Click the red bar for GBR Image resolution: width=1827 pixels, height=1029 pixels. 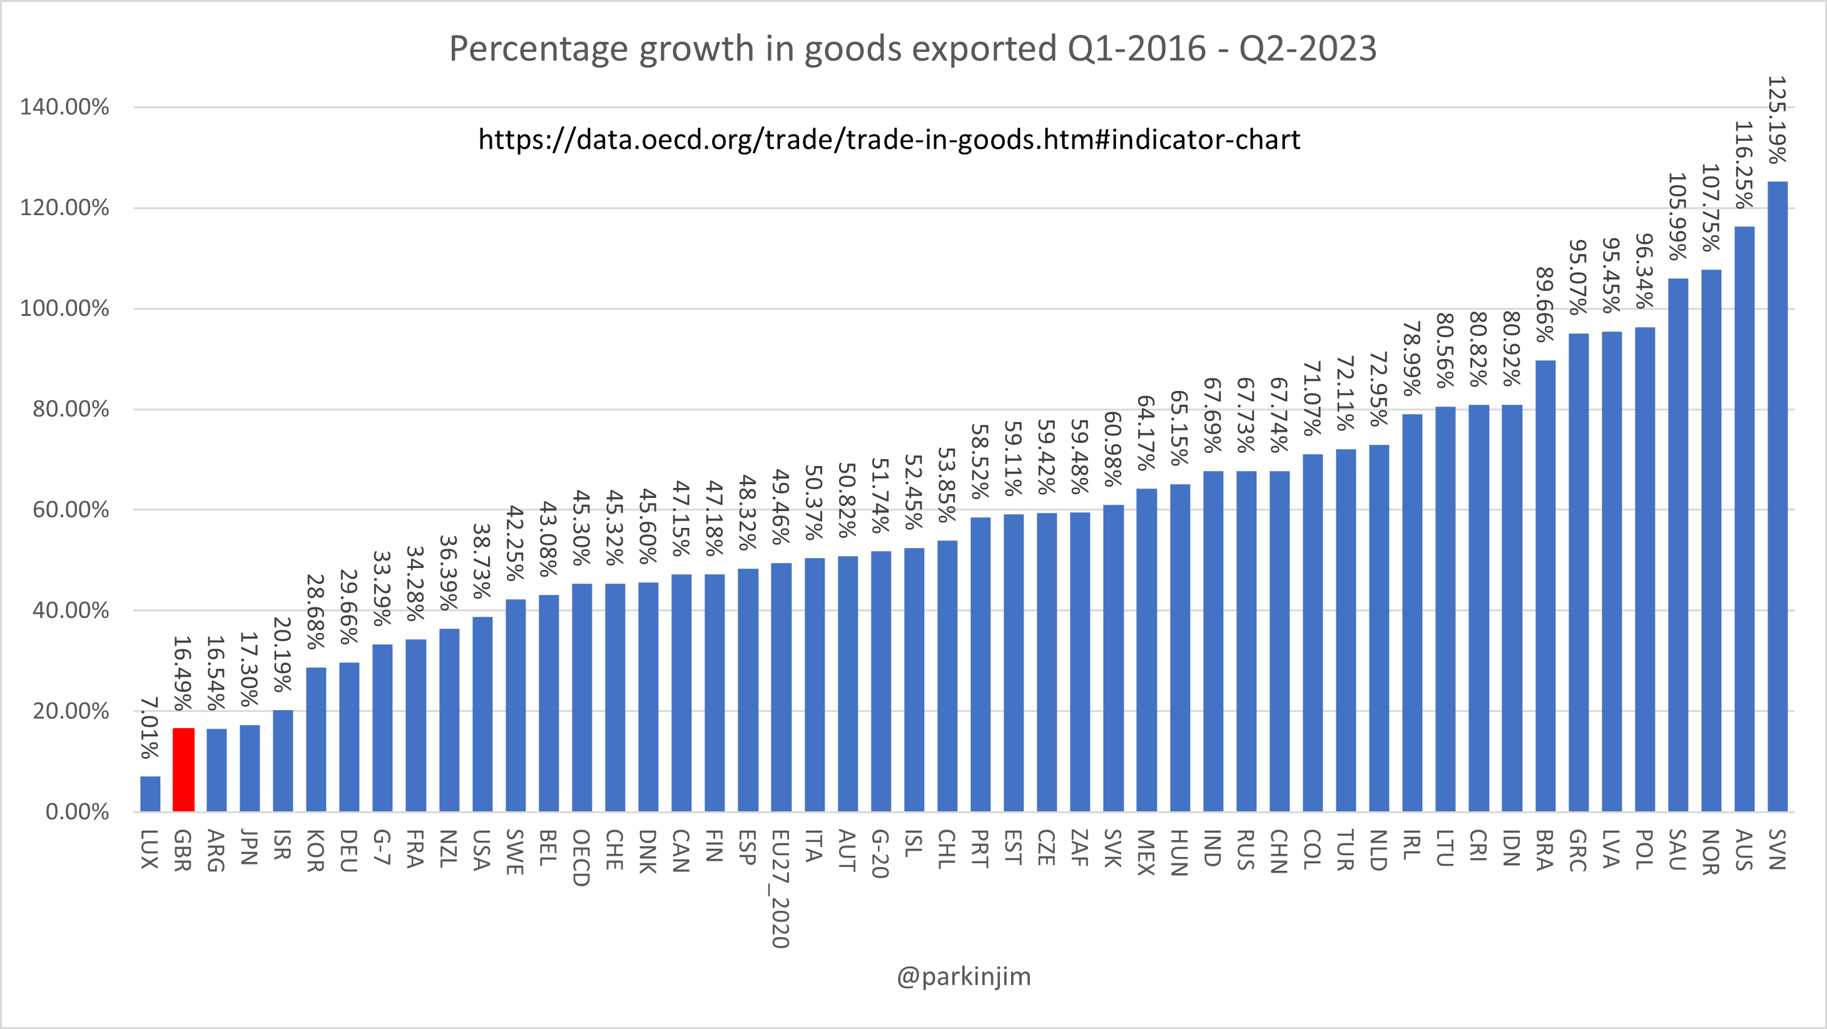click(183, 769)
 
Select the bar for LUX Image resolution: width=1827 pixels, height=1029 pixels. click(150, 794)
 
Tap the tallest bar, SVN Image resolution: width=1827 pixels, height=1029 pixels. click(1778, 497)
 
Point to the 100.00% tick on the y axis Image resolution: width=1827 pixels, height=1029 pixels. click(64, 308)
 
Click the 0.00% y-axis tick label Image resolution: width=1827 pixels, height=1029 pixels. click(76, 811)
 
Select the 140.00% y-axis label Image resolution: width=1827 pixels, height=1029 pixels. click(64, 107)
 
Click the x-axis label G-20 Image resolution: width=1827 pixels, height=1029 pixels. click(880, 854)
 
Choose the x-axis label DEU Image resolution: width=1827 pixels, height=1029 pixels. click(349, 850)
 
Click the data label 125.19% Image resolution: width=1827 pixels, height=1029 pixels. click(1778, 120)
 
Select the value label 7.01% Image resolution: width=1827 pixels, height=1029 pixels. click(150, 727)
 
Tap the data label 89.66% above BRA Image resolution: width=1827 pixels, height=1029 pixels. click(1545, 305)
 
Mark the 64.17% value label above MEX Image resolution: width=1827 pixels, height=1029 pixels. click(1147, 433)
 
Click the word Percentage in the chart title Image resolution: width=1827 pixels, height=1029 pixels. click(541, 49)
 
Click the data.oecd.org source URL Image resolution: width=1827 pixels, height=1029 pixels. click(889, 139)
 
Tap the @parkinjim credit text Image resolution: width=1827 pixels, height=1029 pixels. click(963, 976)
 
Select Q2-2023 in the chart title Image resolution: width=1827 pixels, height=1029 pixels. click(1307, 49)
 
